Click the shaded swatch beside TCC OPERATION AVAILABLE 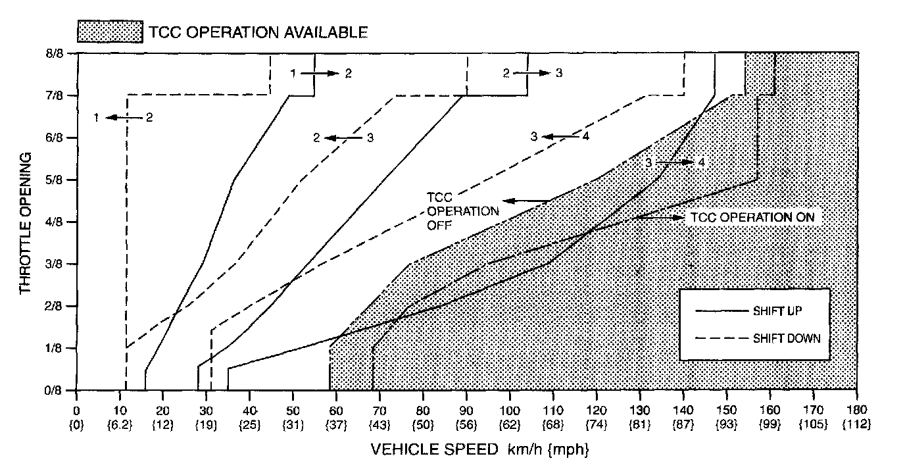pos(110,32)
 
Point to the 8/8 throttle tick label pos(55,53)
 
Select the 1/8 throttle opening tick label pos(55,348)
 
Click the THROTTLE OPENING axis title pos(25,223)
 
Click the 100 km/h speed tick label pos(510,411)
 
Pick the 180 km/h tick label pos(856,411)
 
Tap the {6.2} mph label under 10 pos(120,425)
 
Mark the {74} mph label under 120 pos(597,425)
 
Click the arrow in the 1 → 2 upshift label pos(320,73)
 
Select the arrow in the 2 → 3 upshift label pos(532,73)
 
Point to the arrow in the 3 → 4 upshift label pos(675,162)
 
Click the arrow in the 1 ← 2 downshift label pos(124,118)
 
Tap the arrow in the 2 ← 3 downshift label pos(343,138)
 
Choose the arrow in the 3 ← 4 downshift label pos(560,137)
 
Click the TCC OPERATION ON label pos(752,218)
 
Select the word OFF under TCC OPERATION pos(439,225)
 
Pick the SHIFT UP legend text pos(777,311)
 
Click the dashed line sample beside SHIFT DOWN pos(722,338)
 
